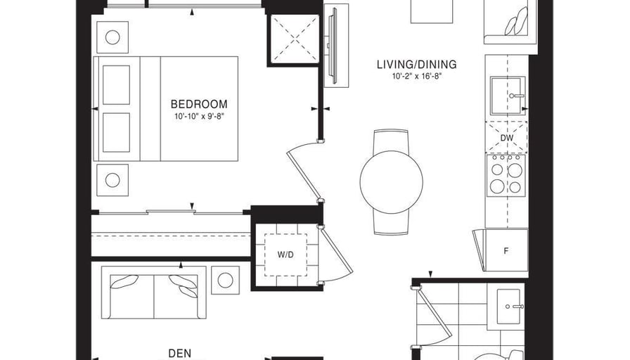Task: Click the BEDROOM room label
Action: point(199,105)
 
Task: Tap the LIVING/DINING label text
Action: point(417,64)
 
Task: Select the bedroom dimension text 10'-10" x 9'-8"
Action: point(199,117)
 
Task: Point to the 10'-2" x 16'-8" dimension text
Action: point(417,77)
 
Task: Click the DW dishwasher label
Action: point(507,138)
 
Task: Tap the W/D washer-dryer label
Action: point(285,255)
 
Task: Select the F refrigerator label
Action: point(506,251)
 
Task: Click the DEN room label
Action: point(179,354)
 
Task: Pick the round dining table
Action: point(392,182)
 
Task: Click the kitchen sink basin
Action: point(508,96)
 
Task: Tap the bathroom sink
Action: point(510,307)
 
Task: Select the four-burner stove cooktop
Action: point(506,176)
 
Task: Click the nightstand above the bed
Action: point(112,37)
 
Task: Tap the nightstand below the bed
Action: point(112,180)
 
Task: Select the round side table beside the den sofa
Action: point(226,280)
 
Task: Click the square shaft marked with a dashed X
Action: point(294,39)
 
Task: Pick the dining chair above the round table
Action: point(391,141)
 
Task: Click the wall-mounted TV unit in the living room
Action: point(336,45)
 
